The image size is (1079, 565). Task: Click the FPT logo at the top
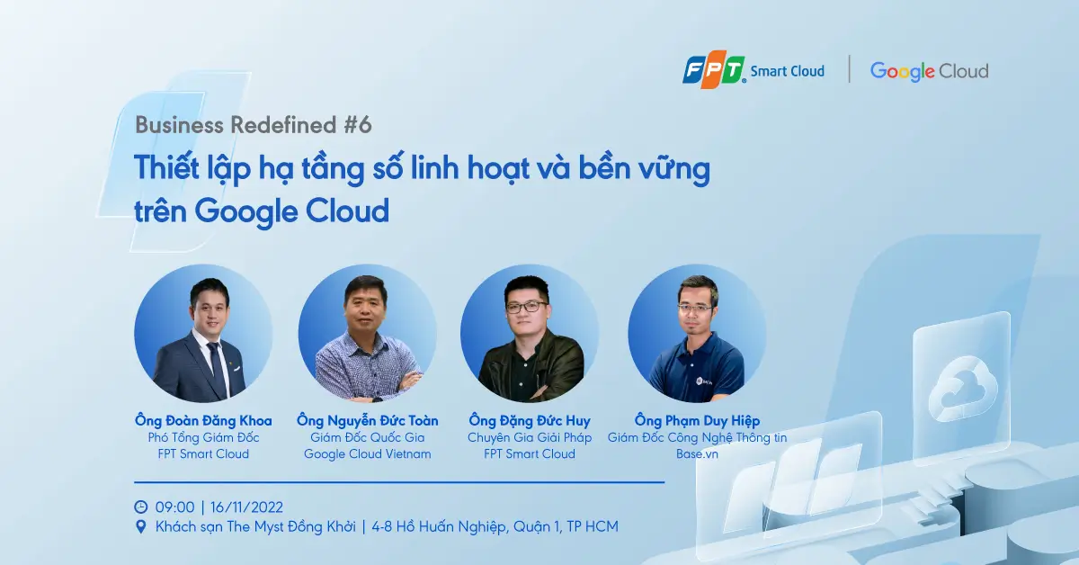point(714,72)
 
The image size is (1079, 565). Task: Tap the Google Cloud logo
point(929,72)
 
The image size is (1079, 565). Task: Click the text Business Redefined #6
point(254,125)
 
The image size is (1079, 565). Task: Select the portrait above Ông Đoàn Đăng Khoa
point(203,334)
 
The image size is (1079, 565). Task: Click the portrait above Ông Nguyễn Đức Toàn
point(368,334)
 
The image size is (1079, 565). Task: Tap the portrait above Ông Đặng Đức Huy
point(530,334)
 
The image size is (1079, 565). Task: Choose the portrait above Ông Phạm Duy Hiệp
point(697,334)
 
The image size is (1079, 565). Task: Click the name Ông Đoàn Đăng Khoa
point(203,420)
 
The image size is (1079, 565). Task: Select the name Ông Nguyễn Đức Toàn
point(368,420)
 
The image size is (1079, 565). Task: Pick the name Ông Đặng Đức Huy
point(530,420)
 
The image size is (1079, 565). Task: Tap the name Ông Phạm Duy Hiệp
point(697,420)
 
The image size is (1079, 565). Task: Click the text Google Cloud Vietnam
point(368,454)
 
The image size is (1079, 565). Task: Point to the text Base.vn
point(697,454)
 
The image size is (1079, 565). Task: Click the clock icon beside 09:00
point(140,507)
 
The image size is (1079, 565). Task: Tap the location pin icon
point(140,527)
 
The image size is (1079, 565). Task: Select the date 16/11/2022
point(246,507)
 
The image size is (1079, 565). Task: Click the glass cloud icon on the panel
point(962,388)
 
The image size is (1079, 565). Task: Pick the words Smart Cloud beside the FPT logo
point(788,72)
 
